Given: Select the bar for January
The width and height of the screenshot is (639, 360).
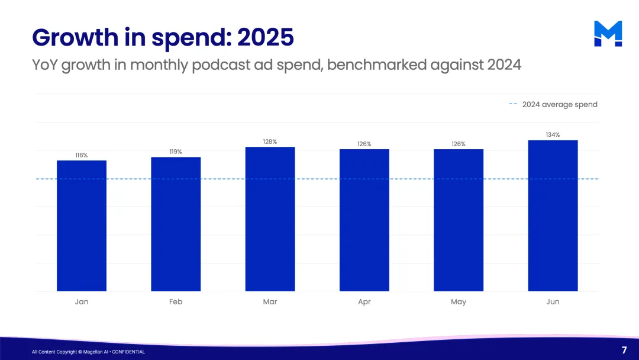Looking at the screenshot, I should (x=82, y=226).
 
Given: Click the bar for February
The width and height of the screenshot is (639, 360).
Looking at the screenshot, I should (x=176, y=224).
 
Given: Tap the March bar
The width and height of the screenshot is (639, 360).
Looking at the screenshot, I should (x=270, y=219).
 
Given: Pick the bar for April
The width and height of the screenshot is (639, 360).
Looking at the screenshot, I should (x=364, y=220).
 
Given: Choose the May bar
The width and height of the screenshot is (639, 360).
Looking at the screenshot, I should (x=459, y=220).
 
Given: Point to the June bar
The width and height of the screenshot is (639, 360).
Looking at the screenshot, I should (x=553, y=216).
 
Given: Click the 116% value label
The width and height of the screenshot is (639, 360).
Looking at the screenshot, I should (x=82, y=155).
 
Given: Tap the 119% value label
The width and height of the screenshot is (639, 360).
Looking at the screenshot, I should (x=176, y=152).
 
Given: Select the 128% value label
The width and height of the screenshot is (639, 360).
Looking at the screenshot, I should (x=270, y=142).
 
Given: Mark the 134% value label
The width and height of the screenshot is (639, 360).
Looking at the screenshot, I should (x=553, y=135).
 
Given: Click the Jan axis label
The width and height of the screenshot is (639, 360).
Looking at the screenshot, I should (x=82, y=302).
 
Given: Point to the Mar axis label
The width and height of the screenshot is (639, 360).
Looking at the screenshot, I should (x=270, y=302).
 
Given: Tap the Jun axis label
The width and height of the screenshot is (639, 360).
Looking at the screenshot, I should (x=553, y=302).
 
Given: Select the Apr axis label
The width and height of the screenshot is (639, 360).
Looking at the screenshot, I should (x=364, y=302).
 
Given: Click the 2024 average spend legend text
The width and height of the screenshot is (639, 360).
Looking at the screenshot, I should (x=560, y=105).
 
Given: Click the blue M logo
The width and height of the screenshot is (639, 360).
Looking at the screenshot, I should (x=608, y=34).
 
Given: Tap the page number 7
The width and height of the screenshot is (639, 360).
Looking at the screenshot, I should (x=624, y=350).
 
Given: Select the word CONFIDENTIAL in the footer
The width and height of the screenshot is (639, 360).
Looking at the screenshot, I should (x=128, y=352).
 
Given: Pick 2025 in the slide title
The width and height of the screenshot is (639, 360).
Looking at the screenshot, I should (x=265, y=37).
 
